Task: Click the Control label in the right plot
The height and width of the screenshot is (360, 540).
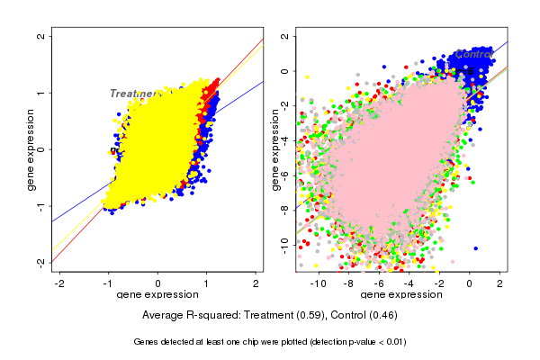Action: (474, 55)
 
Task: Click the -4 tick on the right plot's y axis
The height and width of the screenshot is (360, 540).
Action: (284, 140)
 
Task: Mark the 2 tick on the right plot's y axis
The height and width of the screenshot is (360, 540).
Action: (284, 37)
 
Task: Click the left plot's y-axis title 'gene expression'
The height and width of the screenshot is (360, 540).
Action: (31, 149)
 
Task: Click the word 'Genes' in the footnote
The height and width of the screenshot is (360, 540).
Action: (148, 342)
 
